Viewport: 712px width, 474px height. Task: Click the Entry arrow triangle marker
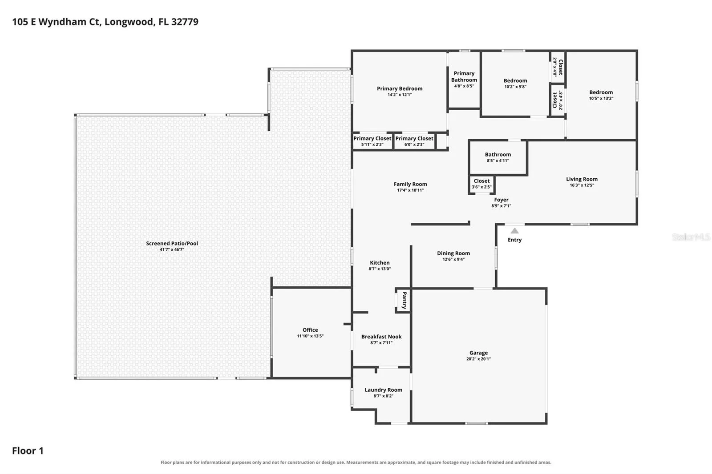(x=514, y=231)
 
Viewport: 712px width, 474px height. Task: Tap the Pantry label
(x=405, y=300)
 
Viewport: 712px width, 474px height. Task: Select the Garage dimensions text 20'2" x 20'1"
(x=478, y=359)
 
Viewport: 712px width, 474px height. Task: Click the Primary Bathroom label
(x=464, y=76)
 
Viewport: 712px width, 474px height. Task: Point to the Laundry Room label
(x=383, y=390)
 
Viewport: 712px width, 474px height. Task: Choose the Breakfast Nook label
(x=381, y=337)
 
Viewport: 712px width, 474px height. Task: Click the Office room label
(x=310, y=330)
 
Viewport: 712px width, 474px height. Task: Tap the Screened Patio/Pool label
(x=172, y=243)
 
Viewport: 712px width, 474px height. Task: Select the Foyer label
(x=501, y=200)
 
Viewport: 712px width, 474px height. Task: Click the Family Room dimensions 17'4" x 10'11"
(x=410, y=190)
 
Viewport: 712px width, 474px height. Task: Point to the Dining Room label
(x=453, y=253)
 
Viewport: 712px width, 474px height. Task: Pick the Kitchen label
(x=380, y=263)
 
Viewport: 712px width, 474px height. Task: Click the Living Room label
(x=582, y=179)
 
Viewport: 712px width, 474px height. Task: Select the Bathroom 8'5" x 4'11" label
(x=498, y=154)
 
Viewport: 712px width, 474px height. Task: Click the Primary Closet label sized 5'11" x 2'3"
(x=372, y=139)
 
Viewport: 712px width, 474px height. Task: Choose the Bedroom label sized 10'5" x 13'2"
(x=601, y=92)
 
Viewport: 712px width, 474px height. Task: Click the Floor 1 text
(x=28, y=451)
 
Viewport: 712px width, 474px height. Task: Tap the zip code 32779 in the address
(x=185, y=22)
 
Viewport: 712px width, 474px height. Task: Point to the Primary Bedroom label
(x=400, y=88)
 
